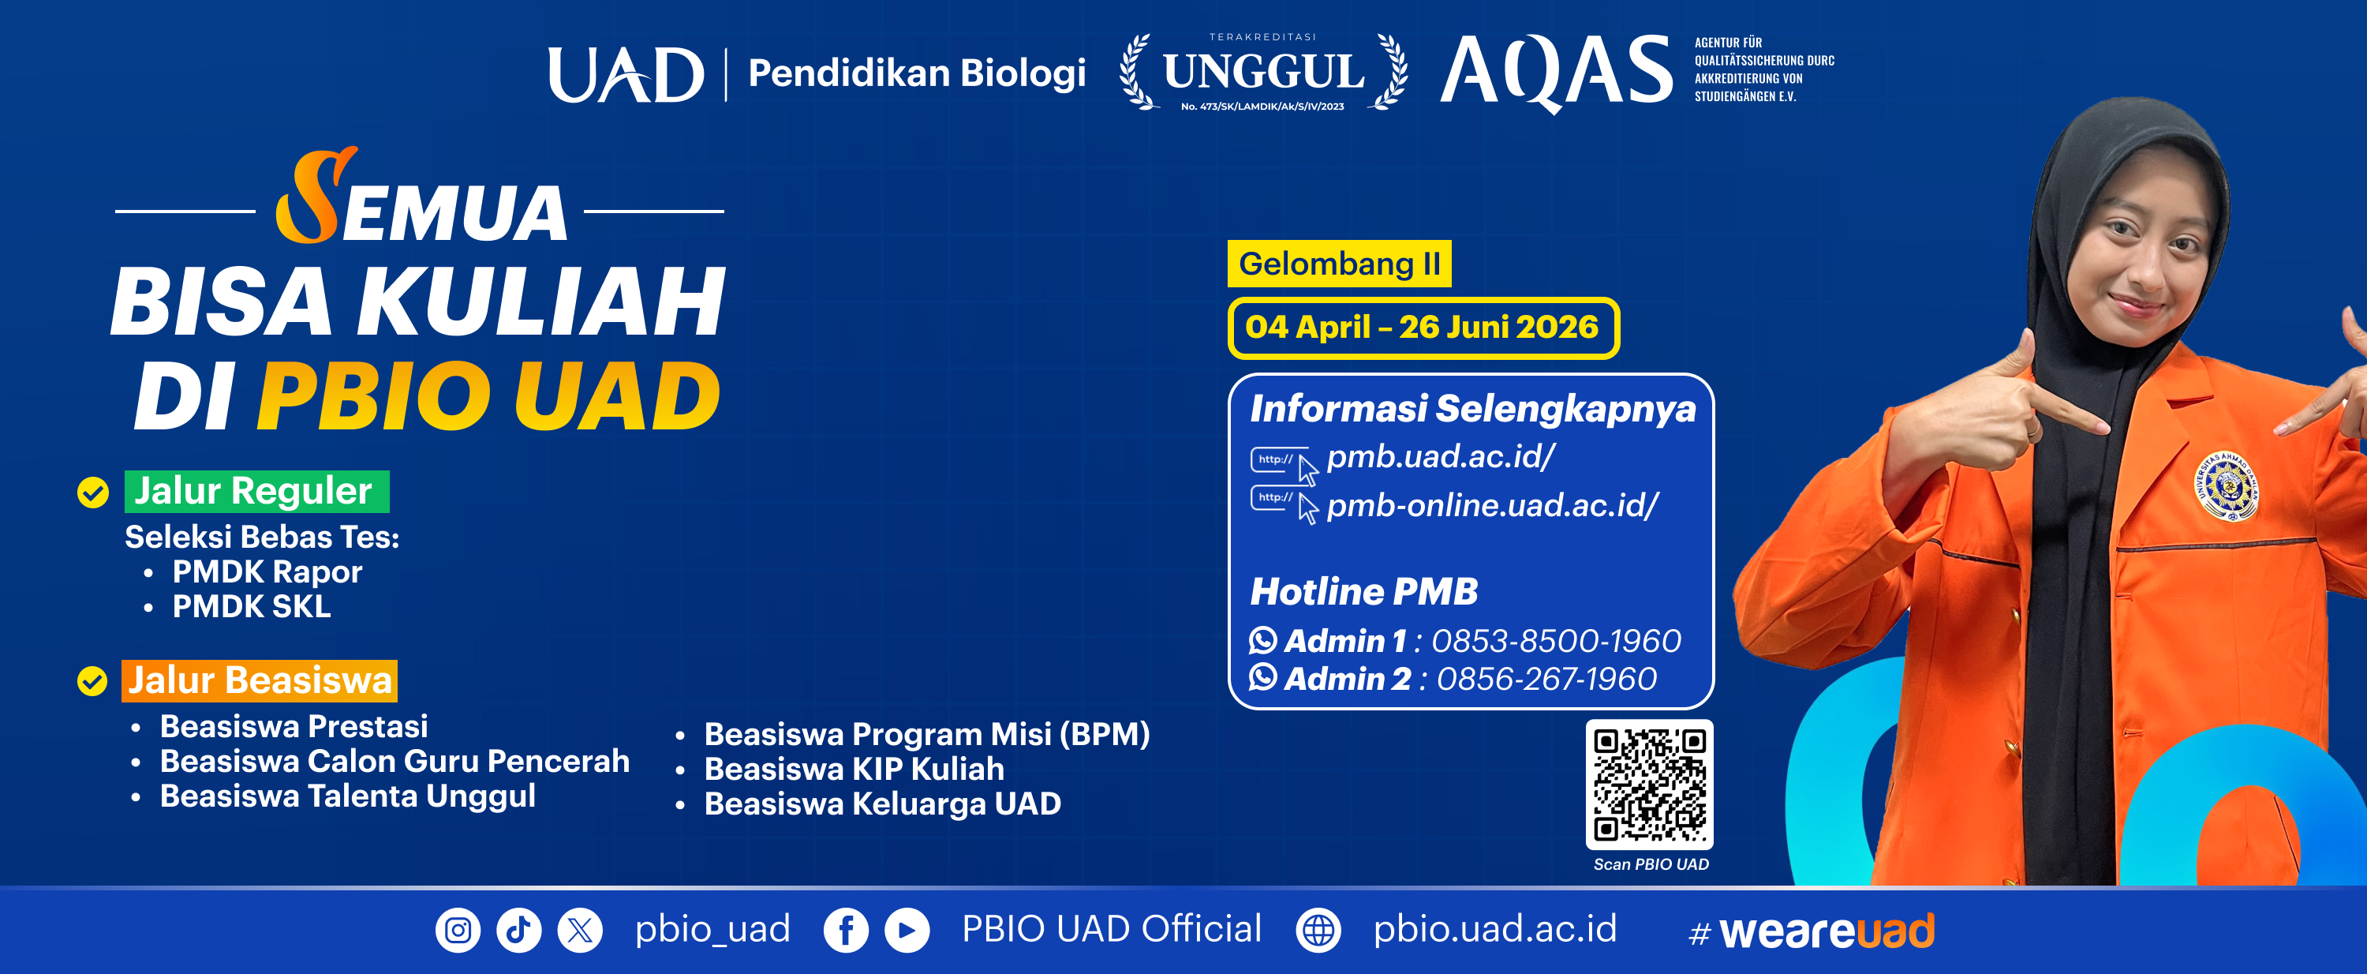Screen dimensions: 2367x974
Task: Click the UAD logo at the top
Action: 626,74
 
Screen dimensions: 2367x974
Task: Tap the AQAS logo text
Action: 1557,72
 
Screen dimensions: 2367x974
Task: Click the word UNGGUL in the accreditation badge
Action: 1263,72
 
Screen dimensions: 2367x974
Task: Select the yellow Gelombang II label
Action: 1340,264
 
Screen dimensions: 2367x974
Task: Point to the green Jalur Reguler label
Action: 257,492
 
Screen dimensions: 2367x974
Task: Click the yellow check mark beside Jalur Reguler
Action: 93,493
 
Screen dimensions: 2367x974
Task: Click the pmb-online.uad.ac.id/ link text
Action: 1492,505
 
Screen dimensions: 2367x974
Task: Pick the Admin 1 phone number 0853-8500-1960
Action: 1557,640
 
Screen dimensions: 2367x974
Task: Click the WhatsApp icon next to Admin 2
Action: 1263,677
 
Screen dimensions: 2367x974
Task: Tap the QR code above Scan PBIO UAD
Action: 1649,785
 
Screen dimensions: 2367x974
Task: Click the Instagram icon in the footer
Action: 458,930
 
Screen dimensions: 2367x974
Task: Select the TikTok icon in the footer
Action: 519,930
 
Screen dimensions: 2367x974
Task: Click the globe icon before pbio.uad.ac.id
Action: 1318,930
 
